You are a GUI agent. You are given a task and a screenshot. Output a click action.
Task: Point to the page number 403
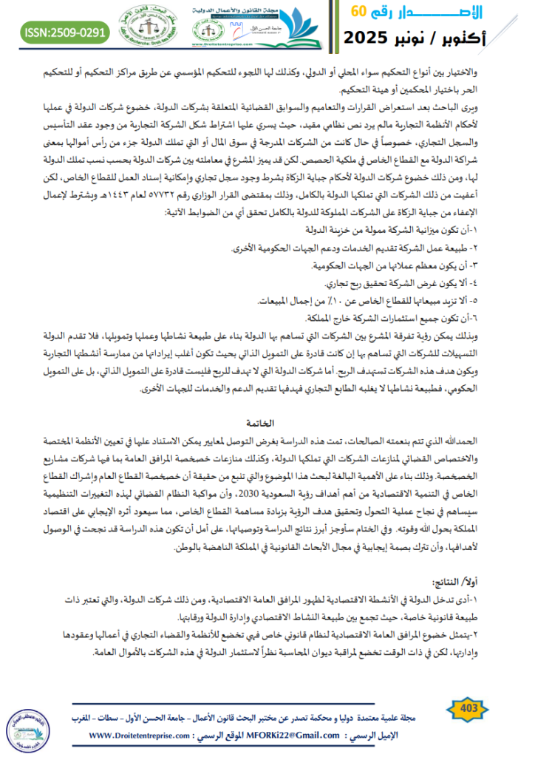pos(467,708)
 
